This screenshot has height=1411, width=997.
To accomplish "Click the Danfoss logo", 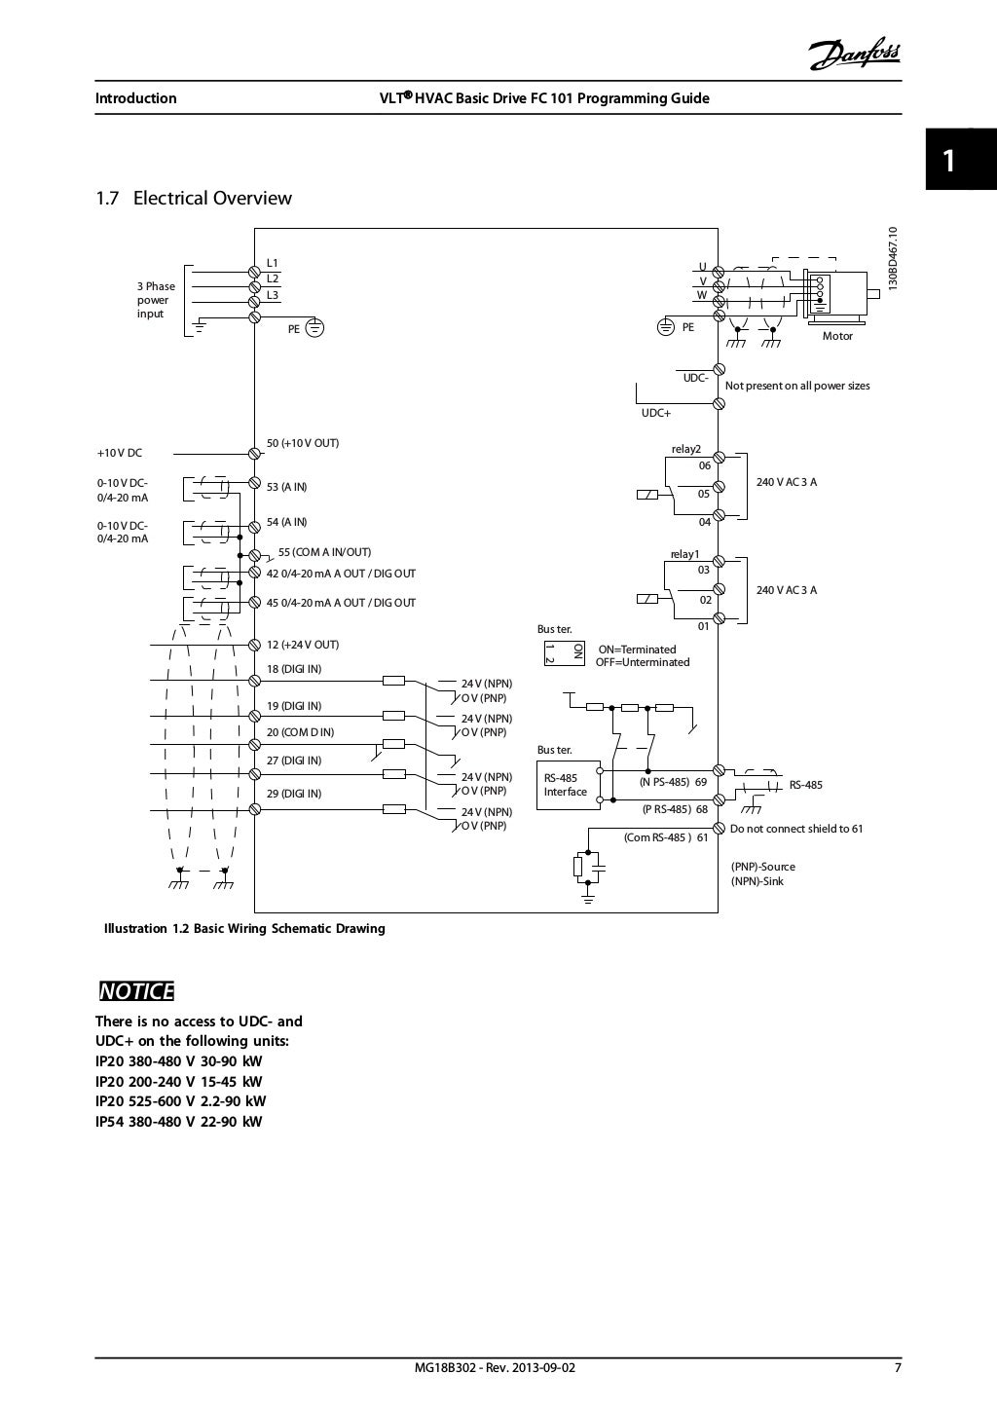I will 852,56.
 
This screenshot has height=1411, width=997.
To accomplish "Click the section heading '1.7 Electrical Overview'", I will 193,199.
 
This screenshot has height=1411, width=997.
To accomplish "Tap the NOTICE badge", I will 136,991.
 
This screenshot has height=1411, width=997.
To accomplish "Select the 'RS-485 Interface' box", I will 566,785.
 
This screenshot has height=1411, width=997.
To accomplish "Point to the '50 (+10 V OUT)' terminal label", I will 303,443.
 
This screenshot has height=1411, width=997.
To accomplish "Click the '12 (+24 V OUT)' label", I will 303,645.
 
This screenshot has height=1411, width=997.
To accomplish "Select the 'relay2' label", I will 685,449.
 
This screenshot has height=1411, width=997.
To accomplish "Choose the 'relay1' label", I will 684,554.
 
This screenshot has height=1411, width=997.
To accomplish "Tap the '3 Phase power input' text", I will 156,300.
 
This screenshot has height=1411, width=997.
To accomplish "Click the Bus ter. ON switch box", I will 563,652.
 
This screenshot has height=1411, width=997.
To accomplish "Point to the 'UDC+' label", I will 655,413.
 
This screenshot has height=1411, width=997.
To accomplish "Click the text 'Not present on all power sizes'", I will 797,386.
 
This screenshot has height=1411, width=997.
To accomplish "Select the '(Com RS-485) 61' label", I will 666,836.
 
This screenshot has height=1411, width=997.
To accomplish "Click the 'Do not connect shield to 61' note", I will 796,830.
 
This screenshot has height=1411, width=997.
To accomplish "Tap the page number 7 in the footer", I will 897,1367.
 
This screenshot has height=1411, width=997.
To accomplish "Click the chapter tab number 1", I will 948,161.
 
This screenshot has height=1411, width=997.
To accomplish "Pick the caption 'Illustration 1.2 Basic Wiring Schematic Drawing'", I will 244,929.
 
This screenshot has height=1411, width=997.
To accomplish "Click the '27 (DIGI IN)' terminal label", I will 294,761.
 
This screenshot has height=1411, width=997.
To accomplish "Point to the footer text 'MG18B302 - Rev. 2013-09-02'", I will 495,1367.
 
